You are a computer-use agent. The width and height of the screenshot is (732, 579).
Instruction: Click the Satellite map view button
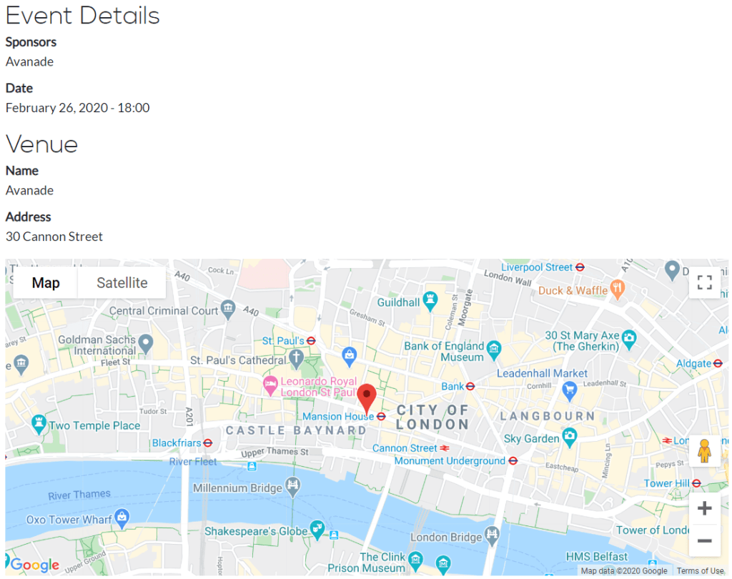(122, 283)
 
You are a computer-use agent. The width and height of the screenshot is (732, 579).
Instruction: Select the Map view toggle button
(46, 283)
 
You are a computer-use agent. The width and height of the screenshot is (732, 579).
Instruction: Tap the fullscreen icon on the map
(704, 282)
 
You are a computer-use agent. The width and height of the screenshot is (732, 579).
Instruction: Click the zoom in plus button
(704, 509)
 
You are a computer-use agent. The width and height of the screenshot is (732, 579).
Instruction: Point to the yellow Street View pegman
(704, 451)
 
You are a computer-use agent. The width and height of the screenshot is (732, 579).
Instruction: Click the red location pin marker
(367, 397)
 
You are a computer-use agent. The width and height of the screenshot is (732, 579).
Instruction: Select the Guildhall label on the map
(398, 302)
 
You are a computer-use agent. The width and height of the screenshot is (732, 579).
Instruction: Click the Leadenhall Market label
(542, 373)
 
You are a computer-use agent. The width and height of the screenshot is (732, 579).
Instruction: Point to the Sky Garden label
(531, 438)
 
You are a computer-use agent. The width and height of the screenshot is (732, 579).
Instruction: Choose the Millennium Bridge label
(237, 488)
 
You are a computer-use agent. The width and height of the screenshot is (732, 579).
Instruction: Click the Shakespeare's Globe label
(255, 531)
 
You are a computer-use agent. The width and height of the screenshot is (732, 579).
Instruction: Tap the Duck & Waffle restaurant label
(573, 290)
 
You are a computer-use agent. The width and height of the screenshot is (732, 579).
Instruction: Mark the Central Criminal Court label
(164, 310)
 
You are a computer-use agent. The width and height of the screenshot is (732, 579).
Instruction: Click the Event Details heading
(82, 16)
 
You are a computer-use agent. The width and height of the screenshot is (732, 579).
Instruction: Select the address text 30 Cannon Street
(54, 237)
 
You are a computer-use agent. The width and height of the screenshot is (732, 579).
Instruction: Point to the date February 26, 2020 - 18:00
(77, 108)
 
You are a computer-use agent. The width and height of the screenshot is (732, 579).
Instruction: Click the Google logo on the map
(34, 565)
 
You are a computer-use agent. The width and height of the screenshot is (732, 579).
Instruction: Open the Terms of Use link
(700, 570)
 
